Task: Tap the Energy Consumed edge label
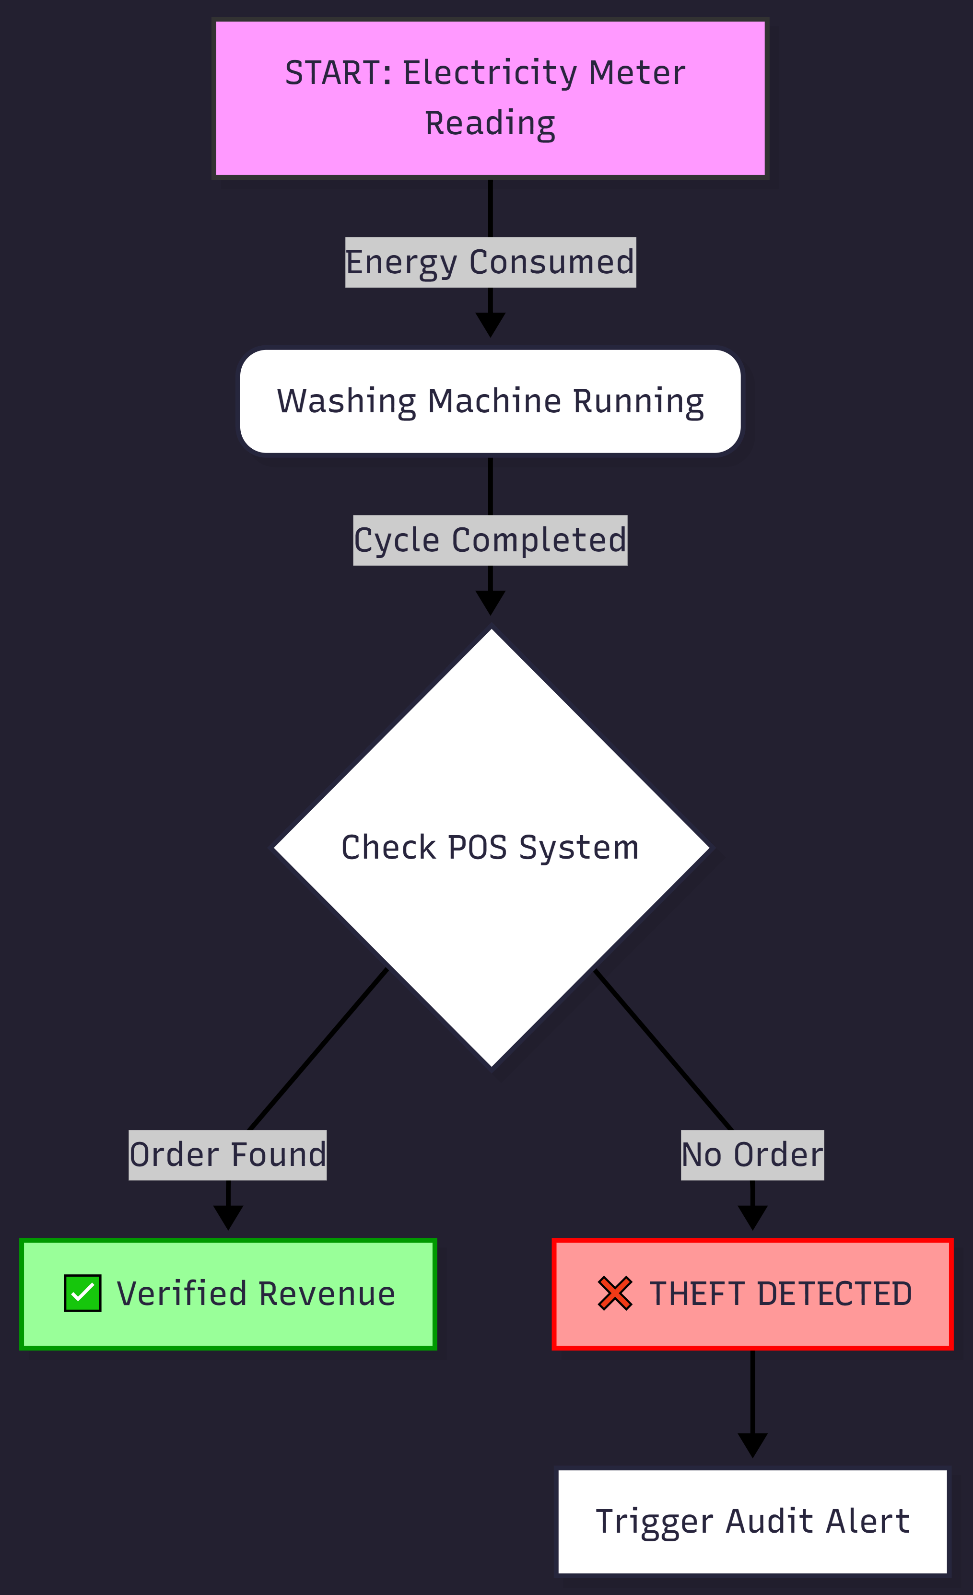tap(490, 262)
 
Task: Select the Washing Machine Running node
tap(490, 401)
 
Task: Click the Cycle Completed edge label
tap(490, 540)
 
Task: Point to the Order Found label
tap(227, 1155)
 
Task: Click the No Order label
tap(752, 1155)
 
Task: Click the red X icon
tap(614, 1293)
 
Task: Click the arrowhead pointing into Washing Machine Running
tap(490, 324)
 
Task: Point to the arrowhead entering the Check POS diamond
tap(490, 602)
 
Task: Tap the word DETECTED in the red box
tap(834, 1294)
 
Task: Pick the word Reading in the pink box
tap(490, 123)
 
